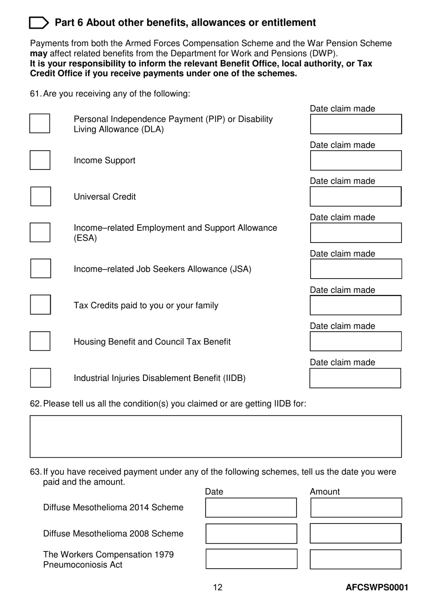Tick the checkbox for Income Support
pyautogui.click(x=40, y=160)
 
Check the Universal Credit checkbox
pyautogui.click(x=40, y=196)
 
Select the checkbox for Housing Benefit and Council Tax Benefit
pyautogui.click(x=40, y=341)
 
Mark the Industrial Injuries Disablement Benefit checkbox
pyautogui.click(x=40, y=378)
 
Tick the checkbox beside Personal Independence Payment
pyautogui.click(x=40, y=124)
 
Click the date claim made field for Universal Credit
pyautogui.click(x=355, y=196)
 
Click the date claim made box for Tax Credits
pyautogui.click(x=355, y=305)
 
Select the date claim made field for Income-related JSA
pyautogui.click(x=356, y=269)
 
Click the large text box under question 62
pyautogui.click(x=216, y=436)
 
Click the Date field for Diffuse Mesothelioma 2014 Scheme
pyautogui.click(x=251, y=507)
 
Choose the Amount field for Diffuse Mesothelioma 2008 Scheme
pyautogui.click(x=355, y=534)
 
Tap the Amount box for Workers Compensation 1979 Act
pyautogui.click(x=355, y=559)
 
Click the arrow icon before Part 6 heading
pyautogui.click(x=39, y=23)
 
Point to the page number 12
pyautogui.click(x=217, y=587)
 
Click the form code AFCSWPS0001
pyautogui.click(x=377, y=587)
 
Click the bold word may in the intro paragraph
pyautogui.click(x=38, y=53)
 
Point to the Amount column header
pyautogui.click(x=325, y=491)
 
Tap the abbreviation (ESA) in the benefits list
pyautogui.click(x=85, y=238)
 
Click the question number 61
pyautogui.click(x=35, y=94)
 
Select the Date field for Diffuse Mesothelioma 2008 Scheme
pyautogui.click(x=251, y=534)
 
